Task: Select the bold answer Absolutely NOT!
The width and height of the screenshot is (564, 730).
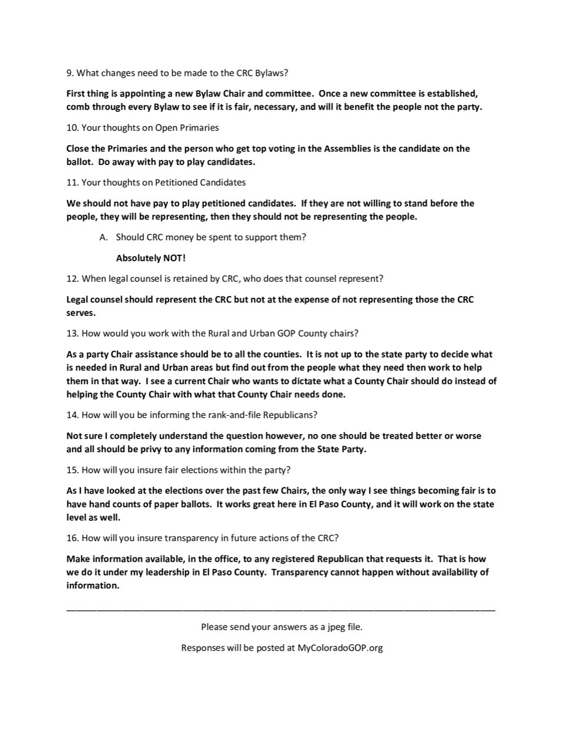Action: coord(151,258)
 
